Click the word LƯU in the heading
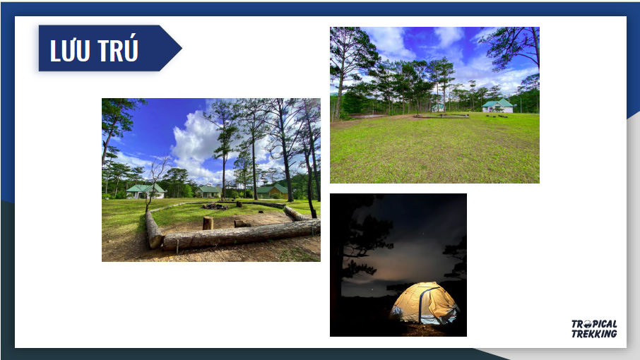[x=69, y=51]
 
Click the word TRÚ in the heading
[x=119, y=49]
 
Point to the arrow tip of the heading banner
[x=182, y=48]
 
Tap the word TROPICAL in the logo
[x=594, y=324]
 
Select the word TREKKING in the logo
[x=594, y=334]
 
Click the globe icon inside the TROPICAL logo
[x=587, y=324]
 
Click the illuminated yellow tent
[x=424, y=304]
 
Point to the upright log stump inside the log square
[x=208, y=223]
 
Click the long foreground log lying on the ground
[x=241, y=234]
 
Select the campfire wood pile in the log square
[x=215, y=206]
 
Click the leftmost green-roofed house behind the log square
[x=146, y=191]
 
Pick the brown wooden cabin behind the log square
[x=273, y=191]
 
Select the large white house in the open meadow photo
[x=497, y=106]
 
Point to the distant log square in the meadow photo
[x=442, y=116]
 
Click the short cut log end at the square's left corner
[x=153, y=231]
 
